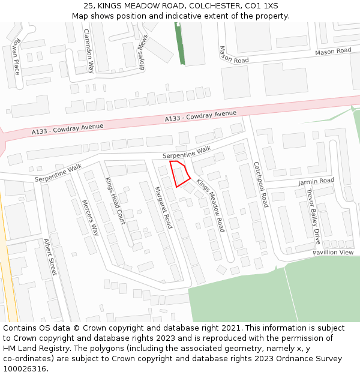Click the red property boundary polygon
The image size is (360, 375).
(179, 173)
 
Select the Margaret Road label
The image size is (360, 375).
(163, 208)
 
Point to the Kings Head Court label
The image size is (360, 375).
(115, 201)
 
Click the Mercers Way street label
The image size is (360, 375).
(90, 217)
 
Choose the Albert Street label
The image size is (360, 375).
(50, 257)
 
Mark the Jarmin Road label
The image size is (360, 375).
(316, 181)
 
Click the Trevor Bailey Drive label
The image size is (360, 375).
(313, 217)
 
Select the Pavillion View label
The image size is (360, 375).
(333, 253)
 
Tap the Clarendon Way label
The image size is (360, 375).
(89, 51)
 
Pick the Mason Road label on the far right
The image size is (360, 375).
(333, 52)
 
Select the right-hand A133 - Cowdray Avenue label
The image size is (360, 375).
(201, 116)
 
